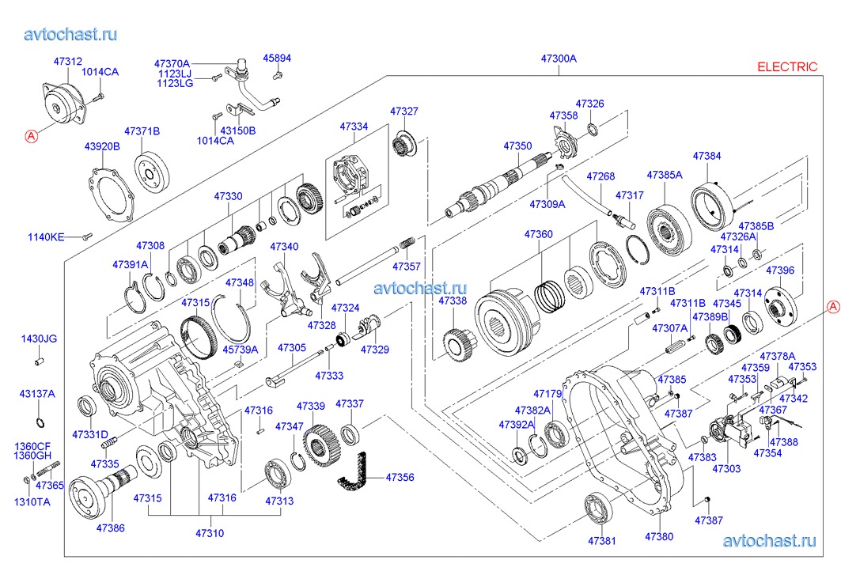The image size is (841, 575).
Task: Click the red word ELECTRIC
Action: (787, 67)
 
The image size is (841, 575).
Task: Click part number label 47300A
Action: (559, 59)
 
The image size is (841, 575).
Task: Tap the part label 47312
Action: (68, 61)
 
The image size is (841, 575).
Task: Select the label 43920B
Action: (102, 146)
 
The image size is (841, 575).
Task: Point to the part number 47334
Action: (354, 127)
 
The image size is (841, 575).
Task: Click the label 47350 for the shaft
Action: (517, 146)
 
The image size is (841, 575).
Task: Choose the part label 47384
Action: (707, 157)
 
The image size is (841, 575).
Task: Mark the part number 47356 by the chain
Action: (400, 478)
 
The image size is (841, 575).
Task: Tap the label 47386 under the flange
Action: (111, 528)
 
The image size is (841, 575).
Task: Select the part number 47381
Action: (601, 541)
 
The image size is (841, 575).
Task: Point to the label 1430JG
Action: (39, 339)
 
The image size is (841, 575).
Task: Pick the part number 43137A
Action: (37, 393)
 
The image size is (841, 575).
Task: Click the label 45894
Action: (277, 58)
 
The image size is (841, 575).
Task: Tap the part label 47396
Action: (780, 270)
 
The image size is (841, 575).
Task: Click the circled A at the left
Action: (32, 135)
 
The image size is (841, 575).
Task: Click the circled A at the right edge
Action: (832, 306)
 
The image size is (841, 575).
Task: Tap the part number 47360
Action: (539, 234)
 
